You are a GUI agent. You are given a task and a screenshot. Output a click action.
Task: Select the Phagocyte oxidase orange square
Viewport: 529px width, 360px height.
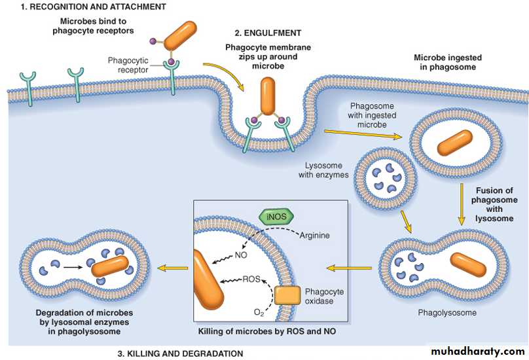coord(287,295)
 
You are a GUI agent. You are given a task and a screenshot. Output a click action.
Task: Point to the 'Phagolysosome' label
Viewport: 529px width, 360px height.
coord(447,313)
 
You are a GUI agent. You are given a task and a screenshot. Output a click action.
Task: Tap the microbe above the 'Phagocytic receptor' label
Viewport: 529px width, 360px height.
coord(180,35)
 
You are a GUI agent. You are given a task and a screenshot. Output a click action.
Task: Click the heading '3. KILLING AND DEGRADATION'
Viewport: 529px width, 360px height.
coord(180,353)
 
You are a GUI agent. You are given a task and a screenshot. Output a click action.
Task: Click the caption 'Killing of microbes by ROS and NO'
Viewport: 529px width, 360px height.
coord(267,332)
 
